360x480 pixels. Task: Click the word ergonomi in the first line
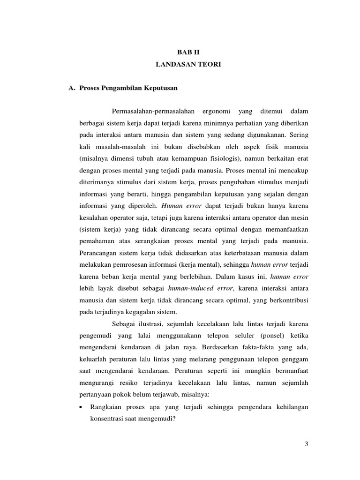(216, 111)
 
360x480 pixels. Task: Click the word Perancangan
(100, 253)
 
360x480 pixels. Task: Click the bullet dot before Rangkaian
(82, 407)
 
